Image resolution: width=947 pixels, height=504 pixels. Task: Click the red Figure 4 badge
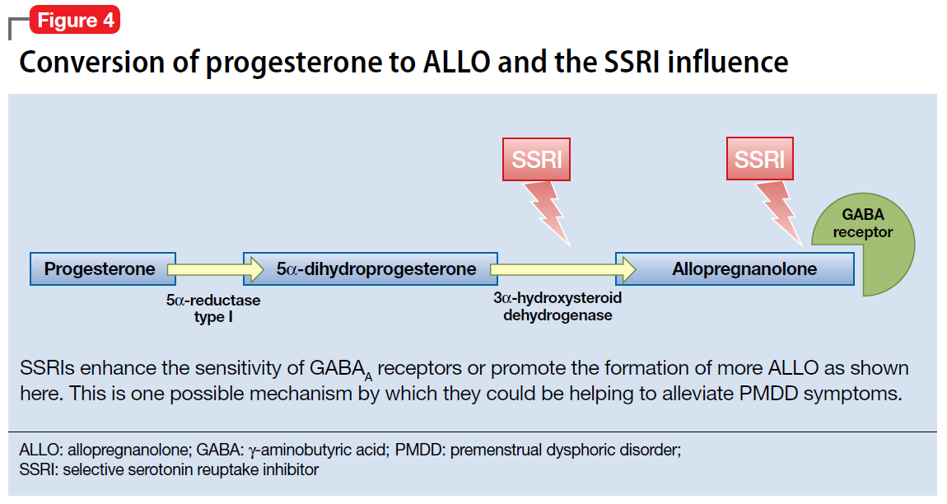(75, 20)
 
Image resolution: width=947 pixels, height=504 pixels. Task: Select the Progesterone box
(103, 269)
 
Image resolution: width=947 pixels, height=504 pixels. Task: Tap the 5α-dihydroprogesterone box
(371, 269)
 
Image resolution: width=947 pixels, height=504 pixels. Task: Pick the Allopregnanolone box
(735, 269)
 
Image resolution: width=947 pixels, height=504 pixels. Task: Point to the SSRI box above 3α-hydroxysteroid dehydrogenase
(536, 159)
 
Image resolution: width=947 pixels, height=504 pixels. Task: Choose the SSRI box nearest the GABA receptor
(760, 158)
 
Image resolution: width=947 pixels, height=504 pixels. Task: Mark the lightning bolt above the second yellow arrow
(548, 212)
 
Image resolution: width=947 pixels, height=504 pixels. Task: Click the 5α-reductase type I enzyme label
(213, 308)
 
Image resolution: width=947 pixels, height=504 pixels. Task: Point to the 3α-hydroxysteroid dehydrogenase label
(557, 306)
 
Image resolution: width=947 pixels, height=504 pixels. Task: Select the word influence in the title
(728, 62)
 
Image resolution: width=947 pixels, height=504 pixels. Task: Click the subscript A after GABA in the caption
(368, 377)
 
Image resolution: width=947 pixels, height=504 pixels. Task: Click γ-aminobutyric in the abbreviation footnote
(319, 450)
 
